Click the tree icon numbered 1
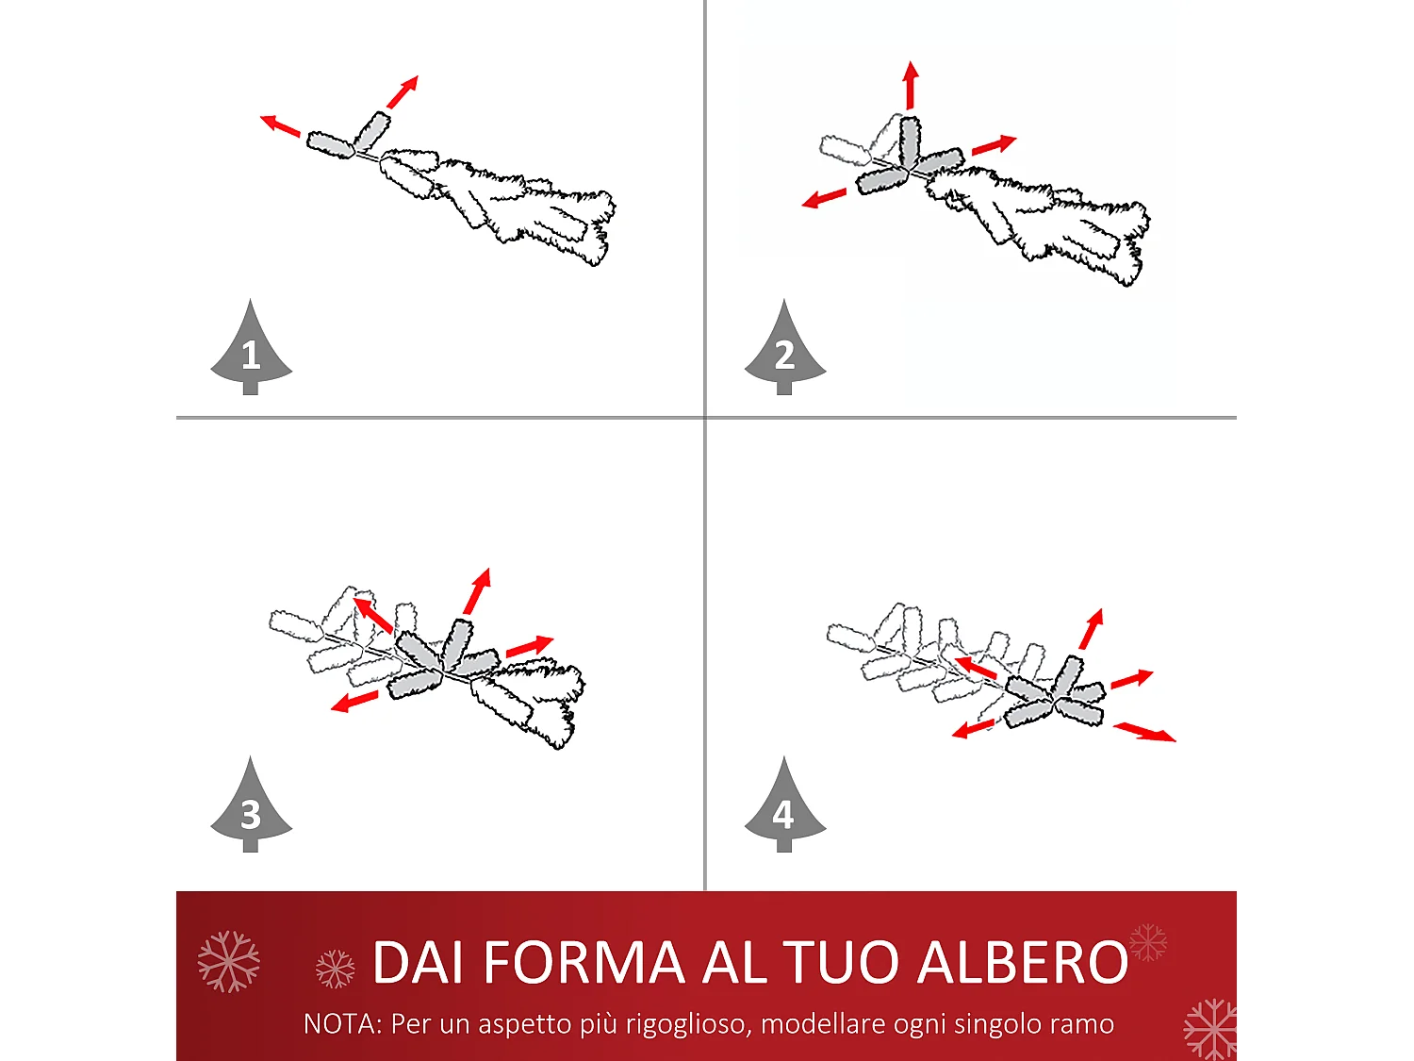pos(251,350)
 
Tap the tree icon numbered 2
pos(784,350)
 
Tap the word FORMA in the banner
pos(584,963)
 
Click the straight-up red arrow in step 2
pos(910,86)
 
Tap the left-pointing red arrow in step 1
pos(280,125)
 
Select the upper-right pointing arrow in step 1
pos(403,92)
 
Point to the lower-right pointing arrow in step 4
pos(1144,732)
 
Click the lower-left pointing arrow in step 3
pos(354,702)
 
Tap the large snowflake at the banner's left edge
pos(228,961)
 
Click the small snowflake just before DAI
pos(335,969)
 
